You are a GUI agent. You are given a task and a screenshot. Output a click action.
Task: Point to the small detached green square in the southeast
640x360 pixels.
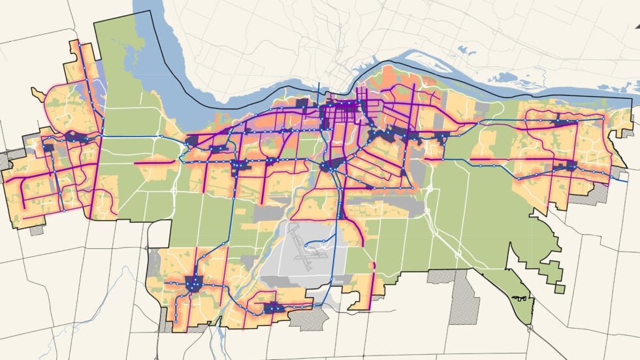point(559,288)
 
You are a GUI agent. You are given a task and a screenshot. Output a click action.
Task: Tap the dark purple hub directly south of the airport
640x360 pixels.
point(272,306)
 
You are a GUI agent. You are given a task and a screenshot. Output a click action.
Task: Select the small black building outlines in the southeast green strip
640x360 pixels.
point(520,299)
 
